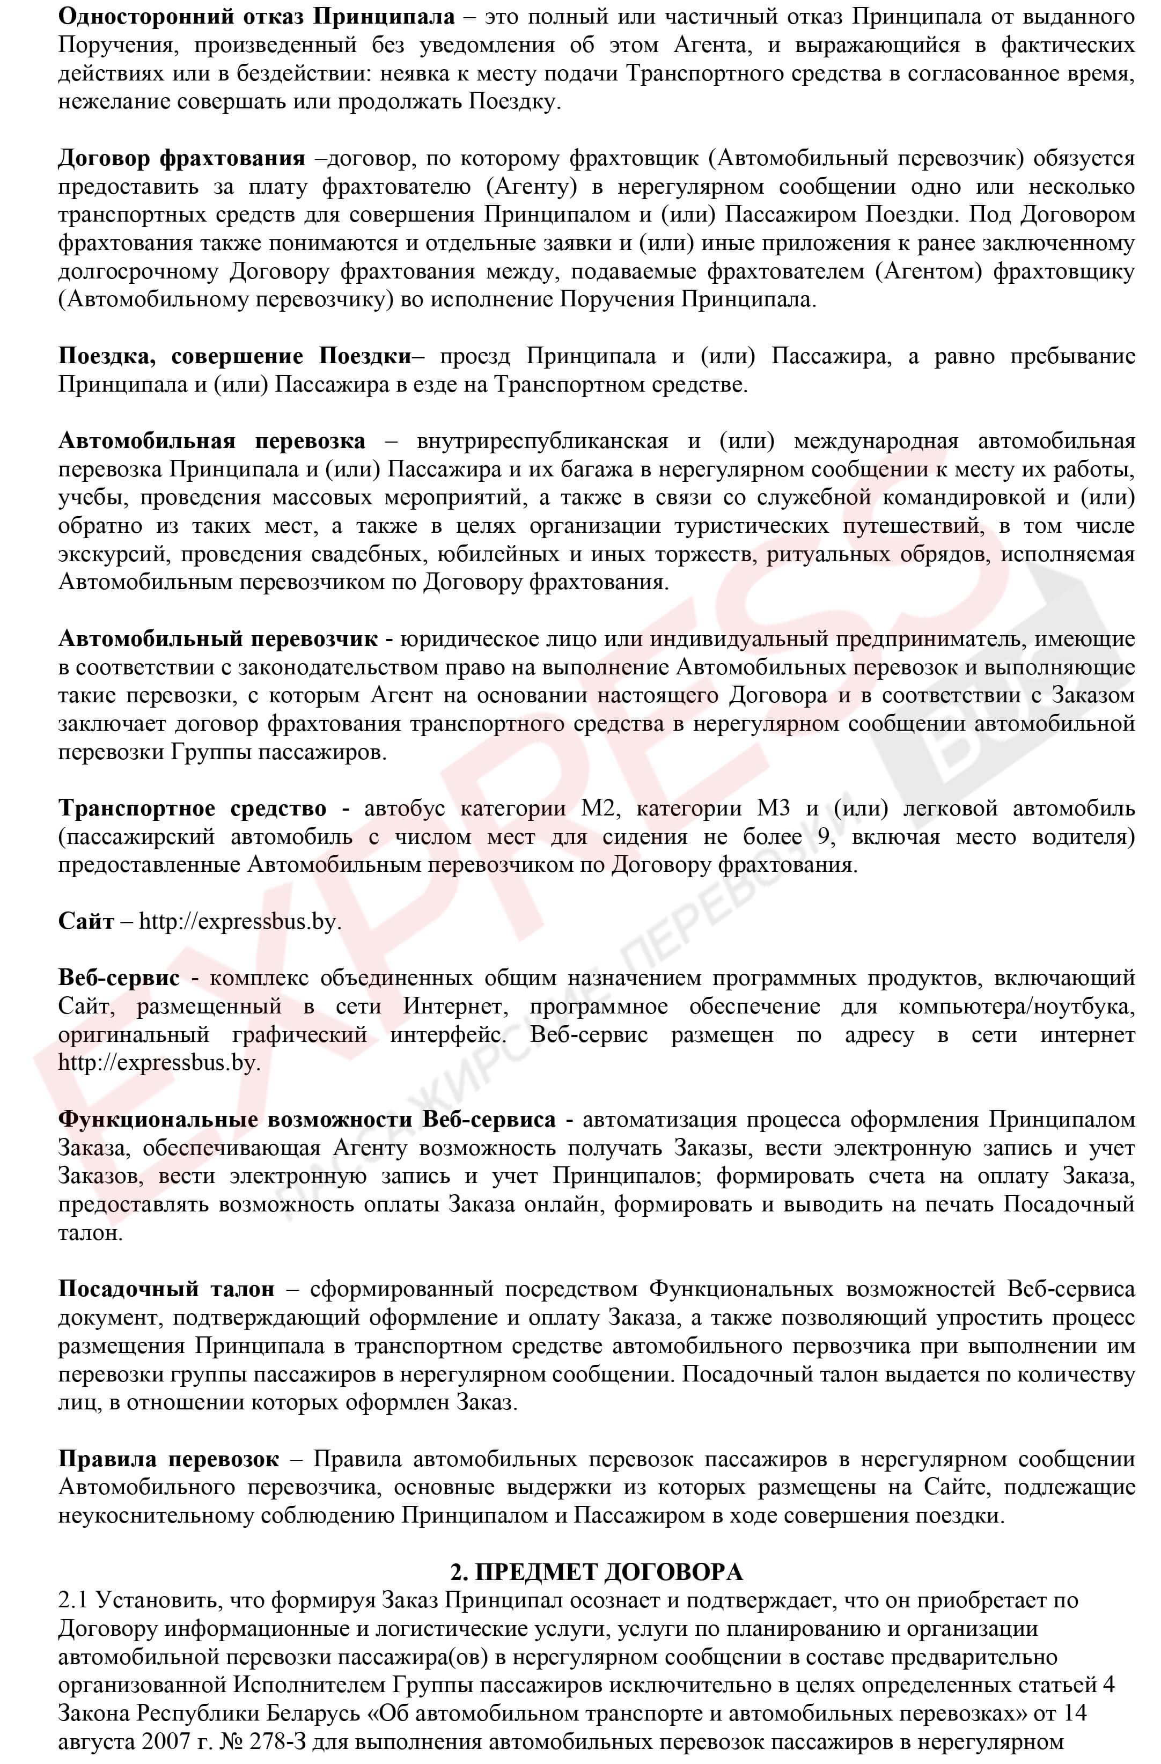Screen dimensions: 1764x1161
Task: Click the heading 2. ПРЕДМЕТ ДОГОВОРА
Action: tap(596, 1572)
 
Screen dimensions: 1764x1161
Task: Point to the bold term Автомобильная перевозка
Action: tap(212, 441)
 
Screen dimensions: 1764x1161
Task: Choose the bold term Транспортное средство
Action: tap(192, 808)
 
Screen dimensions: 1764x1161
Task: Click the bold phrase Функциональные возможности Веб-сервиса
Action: tap(307, 1119)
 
